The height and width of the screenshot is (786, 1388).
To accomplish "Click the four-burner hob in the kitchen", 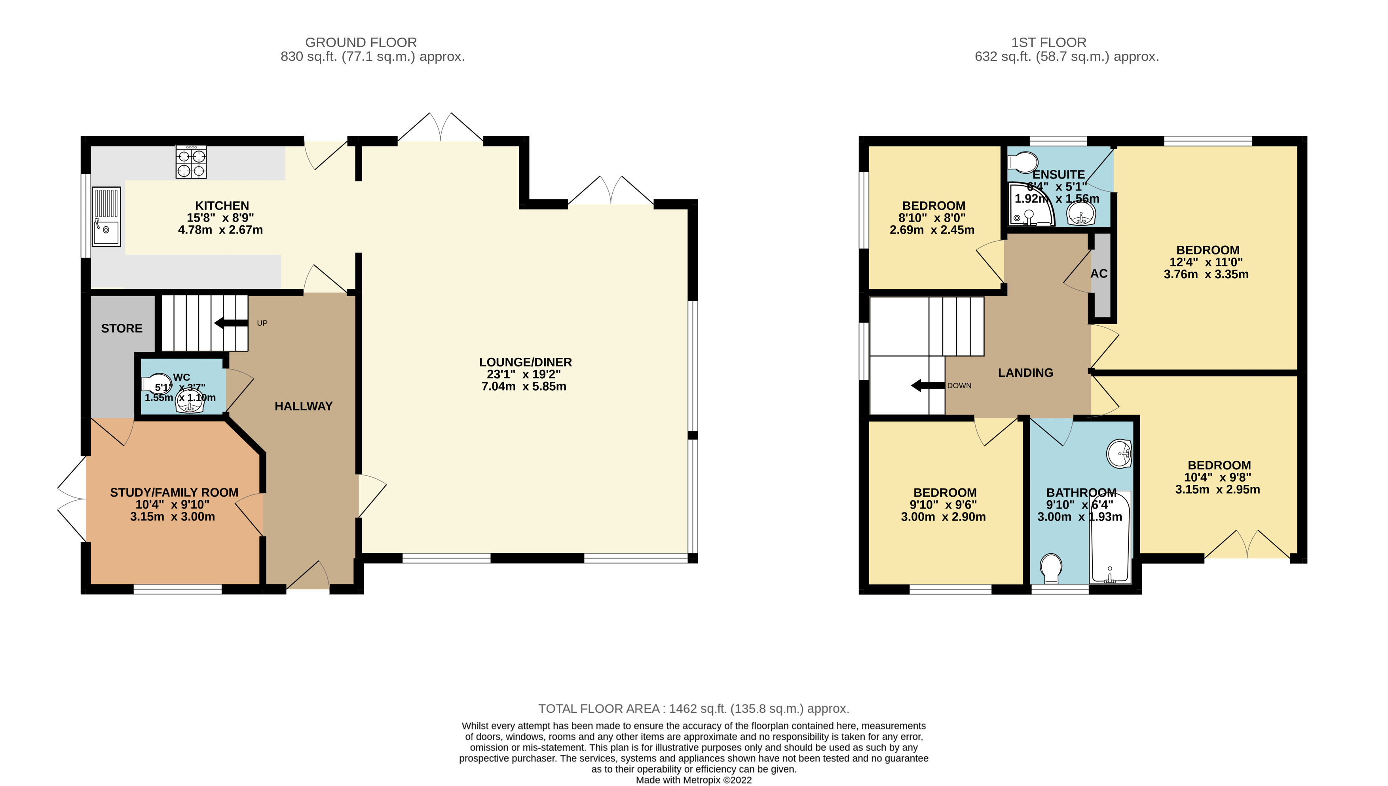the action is [x=191, y=161].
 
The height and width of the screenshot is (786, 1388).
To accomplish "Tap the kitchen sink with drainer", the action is [x=106, y=216].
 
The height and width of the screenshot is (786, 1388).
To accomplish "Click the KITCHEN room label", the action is [x=222, y=206].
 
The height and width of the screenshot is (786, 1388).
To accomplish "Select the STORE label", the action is [x=122, y=328].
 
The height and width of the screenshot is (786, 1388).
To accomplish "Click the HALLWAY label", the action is [x=304, y=406].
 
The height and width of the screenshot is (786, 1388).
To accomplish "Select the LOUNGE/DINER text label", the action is [x=525, y=362].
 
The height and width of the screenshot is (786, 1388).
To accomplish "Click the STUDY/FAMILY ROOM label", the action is [x=174, y=492].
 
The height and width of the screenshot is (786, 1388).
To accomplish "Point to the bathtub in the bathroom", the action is [x=1110, y=537].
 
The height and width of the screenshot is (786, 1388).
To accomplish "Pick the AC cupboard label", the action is [x=1099, y=274].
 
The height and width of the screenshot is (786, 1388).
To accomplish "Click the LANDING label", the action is [x=1025, y=372].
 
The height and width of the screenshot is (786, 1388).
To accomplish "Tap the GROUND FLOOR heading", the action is [x=361, y=42].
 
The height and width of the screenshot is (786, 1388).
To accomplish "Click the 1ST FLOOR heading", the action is [x=1048, y=42].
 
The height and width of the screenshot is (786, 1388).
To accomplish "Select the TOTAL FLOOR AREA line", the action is [x=694, y=708].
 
